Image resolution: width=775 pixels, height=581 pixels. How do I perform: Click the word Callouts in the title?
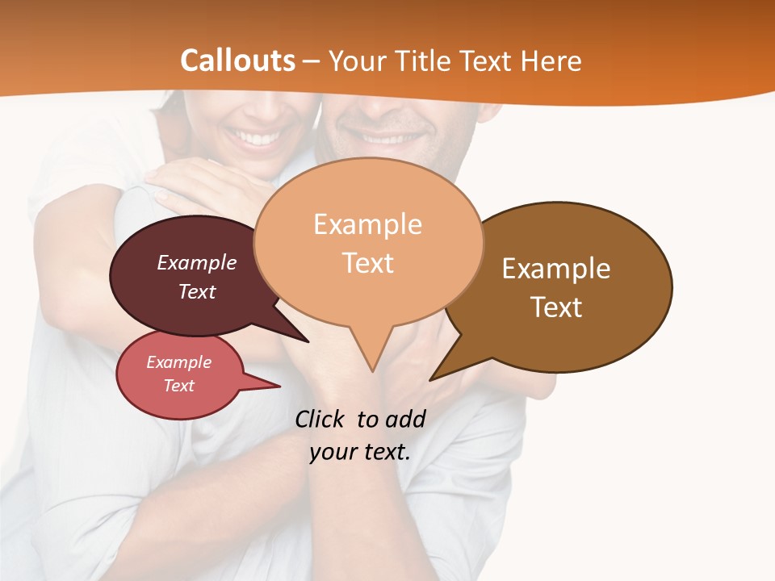click(237, 61)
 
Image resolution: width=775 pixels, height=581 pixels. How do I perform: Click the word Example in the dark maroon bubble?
click(197, 262)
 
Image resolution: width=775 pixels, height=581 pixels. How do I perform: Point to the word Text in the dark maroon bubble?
click(197, 291)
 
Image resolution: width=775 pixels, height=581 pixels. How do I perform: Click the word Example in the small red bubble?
click(178, 362)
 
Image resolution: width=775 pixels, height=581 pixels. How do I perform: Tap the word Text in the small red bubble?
click(178, 386)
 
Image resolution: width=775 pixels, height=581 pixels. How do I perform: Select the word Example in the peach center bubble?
click(367, 224)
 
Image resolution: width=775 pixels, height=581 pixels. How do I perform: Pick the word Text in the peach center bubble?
click(367, 263)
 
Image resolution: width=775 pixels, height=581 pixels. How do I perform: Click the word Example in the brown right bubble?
click(556, 269)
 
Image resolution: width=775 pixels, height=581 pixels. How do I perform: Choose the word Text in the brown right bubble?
click(556, 307)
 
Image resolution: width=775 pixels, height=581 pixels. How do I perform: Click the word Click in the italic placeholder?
click(321, 419)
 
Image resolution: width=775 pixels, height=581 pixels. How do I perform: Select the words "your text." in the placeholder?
click(360, 452)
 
